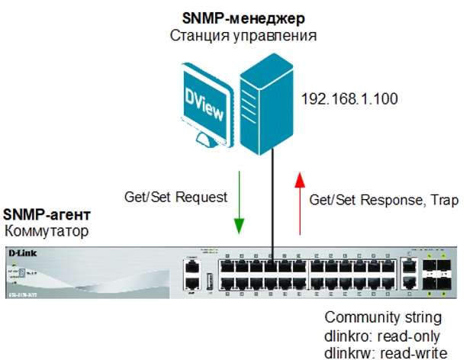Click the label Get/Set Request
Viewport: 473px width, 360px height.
[x=175, y=197]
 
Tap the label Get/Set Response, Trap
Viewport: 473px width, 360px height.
[x=384, y=201]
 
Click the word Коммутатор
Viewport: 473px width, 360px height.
[x=42, y=230]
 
